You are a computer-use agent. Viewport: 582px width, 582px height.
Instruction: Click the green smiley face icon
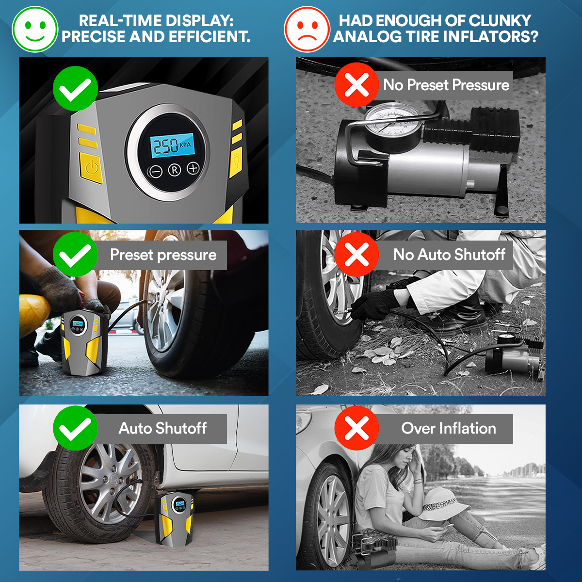point(35,29)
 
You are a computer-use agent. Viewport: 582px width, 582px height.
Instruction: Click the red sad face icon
point(307,29)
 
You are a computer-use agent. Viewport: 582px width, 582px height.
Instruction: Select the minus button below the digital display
point(155,171)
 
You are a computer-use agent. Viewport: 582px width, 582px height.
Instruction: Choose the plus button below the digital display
point(193,168)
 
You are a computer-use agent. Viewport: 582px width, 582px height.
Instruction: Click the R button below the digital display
point(175,170)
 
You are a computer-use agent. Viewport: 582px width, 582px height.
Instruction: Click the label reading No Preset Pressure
point(446,85)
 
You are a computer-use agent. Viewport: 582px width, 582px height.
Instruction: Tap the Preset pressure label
point(163,255)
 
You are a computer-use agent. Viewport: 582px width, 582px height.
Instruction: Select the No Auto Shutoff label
point(449,255)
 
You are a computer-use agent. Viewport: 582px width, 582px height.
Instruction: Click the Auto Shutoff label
point(163,428)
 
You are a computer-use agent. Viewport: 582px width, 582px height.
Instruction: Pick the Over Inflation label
point(449,428)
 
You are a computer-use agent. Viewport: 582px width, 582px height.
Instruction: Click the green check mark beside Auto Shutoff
point(75,428)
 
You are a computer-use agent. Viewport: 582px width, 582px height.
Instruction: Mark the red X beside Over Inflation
point(356,428)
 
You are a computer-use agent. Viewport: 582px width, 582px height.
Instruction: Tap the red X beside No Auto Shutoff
point(356,255)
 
